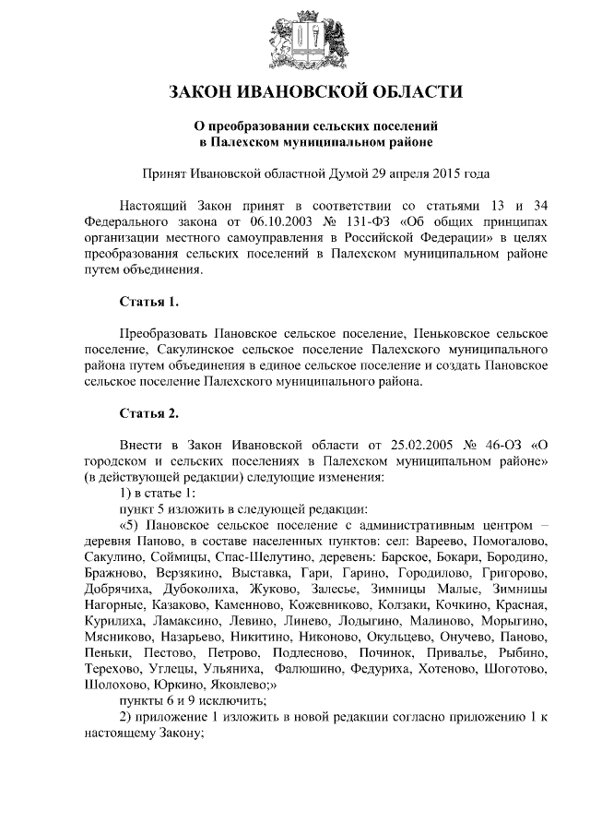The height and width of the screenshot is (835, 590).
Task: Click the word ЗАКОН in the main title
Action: pos(205,92)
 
